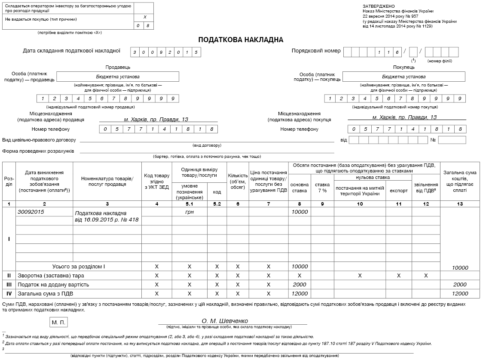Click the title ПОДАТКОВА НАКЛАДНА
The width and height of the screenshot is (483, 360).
[241, 40]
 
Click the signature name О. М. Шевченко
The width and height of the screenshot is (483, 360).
[225, 321]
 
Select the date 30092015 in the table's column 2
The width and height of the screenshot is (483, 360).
[31, 212]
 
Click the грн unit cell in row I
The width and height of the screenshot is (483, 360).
[190, 212]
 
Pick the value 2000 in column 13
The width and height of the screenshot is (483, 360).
[460, 285]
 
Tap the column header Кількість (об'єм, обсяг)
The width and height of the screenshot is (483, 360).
[238, 182]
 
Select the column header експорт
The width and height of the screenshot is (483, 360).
[398, 191]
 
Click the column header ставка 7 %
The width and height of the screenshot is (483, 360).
[322, 188]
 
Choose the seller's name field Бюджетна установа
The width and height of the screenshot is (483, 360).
[118, 77]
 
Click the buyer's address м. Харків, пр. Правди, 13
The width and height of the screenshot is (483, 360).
[404, 117]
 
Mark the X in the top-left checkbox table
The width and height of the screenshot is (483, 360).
[145, 17]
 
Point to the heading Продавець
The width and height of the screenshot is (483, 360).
[118, 67]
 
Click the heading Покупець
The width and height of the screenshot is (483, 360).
[404, 67]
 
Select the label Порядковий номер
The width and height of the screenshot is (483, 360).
[316, 51]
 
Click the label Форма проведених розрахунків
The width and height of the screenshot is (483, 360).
[38, 151]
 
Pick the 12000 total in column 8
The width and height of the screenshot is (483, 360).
[300, 294]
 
